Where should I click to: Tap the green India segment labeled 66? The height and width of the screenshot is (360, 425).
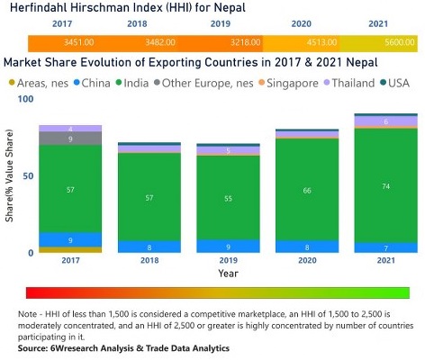(x=308, y=190)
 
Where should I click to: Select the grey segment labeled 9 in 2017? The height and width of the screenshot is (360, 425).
(x=70, y=139)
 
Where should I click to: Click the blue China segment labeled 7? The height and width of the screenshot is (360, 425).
(x=385, y=247)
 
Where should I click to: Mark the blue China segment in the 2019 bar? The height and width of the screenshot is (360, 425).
(x=228, y=246)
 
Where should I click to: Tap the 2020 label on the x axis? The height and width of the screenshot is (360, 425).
(x=307, y=261)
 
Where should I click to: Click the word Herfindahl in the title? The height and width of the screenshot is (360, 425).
(x=41, y=9)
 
